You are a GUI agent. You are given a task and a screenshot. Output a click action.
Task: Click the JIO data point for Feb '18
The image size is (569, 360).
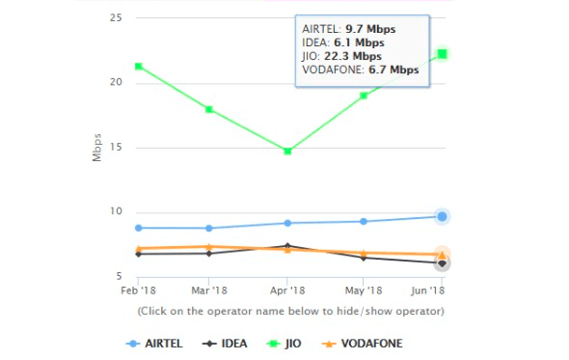[x=139, y=67]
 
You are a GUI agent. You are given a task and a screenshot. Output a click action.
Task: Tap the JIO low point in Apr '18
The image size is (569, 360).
[x=287, y=151]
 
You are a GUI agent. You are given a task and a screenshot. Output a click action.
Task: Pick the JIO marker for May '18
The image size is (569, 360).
[x=364, y=96]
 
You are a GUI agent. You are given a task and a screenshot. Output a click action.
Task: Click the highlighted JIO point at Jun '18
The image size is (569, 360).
[x=442, y=53]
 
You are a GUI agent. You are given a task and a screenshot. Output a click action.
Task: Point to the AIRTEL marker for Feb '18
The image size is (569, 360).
[x=139, y=228]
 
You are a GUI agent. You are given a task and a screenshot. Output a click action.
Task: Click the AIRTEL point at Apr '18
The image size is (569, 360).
[x=287, y=223]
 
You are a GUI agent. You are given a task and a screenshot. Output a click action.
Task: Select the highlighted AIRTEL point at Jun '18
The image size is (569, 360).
[x=442, y=216]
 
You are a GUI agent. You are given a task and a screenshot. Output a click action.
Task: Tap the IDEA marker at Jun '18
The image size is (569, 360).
[x=442, y=263]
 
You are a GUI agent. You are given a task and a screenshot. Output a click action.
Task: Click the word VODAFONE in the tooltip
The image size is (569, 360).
[x=331, y=69]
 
